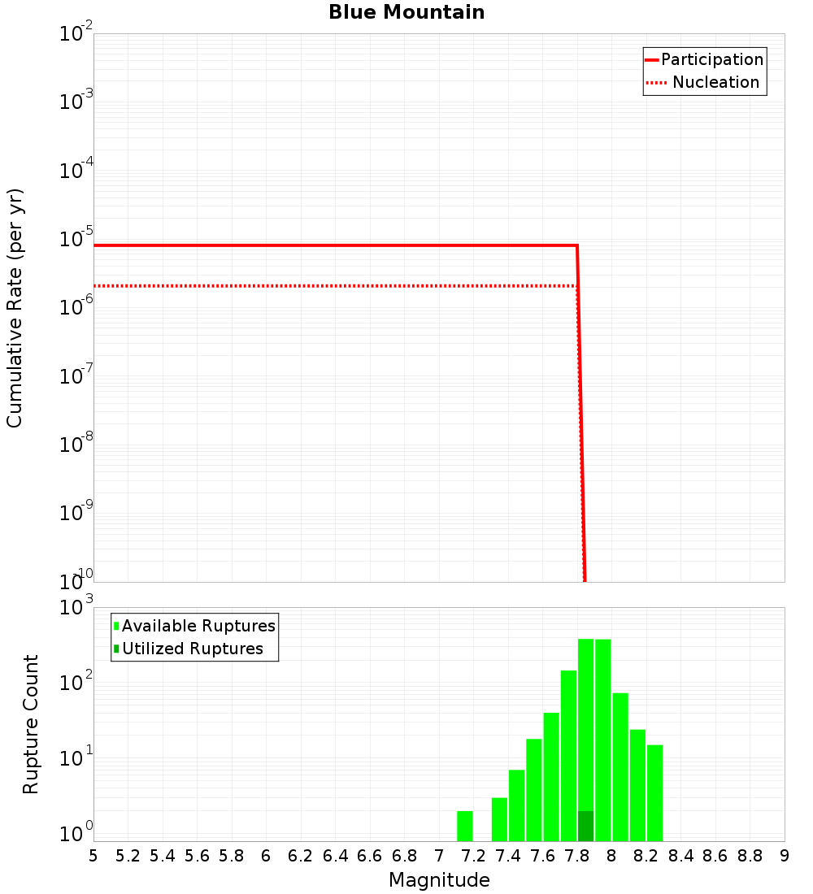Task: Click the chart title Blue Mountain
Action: [406, 12]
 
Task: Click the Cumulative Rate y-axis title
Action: [15, 308]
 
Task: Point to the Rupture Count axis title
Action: [31, 724]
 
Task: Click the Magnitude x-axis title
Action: [439, 880]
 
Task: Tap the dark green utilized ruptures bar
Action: [585, 826]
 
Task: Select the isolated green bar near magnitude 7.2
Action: [465, 826]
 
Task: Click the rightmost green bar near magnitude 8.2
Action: [654, 792]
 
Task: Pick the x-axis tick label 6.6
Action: [370, 856]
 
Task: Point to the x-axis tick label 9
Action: [785, 856]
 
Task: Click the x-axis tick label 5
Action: [93, 856]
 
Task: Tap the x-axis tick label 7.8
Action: [577, 856]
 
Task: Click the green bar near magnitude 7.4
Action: [516, 805]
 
